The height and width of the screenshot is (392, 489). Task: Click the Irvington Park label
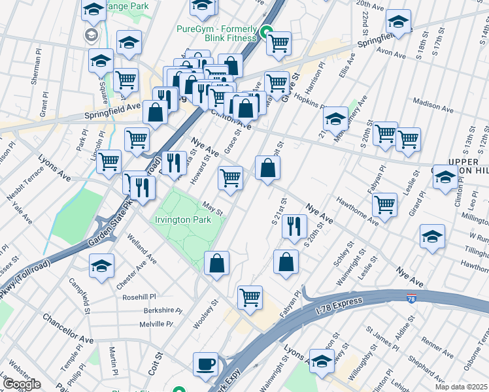(x=183, y=220)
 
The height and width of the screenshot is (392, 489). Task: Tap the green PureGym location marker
(x=266, y=31)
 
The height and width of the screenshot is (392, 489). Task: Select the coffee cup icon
(x=206, y=363)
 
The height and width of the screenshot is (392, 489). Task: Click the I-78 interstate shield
(x=411, y=299)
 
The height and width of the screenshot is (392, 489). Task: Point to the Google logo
(x=21, y=384)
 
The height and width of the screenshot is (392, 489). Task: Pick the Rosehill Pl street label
(x=139, y=297)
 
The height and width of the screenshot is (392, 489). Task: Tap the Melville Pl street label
(x=155, y=324)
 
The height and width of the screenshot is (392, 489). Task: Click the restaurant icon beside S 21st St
(x=294, y=226)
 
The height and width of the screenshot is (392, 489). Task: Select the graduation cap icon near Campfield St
(x=101, y=266)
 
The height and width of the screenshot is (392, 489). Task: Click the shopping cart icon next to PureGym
(x=279, y=43)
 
